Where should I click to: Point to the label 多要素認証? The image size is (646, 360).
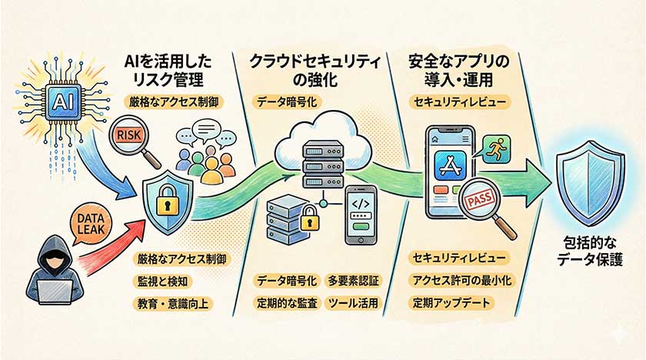pos(353,280)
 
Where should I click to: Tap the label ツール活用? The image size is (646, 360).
pos(352,303)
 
